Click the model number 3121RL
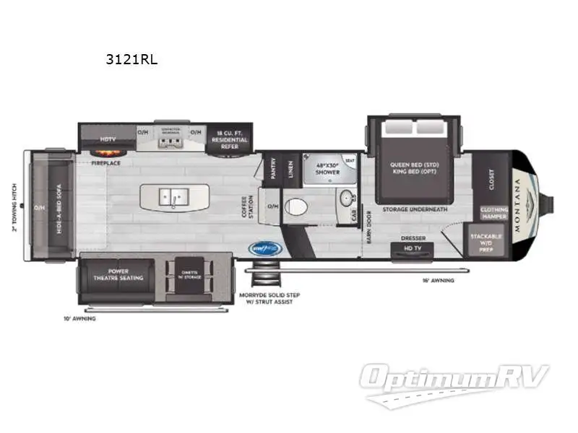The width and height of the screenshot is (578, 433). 131,61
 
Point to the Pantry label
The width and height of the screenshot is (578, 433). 273,170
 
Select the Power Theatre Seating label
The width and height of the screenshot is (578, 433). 116,274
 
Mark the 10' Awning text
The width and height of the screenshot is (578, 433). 79,318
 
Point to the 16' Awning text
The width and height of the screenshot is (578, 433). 438,280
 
